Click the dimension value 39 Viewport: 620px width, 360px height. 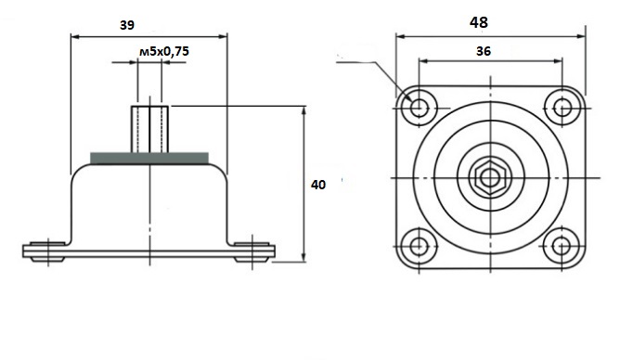coord(127,25)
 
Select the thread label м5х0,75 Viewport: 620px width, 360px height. coord(164,51)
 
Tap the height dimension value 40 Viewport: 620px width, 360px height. coord(318,185)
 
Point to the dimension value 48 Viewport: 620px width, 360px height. coord(479,22)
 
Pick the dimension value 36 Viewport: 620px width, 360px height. coord(484,51)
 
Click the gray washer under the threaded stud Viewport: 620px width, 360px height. coord(149,158)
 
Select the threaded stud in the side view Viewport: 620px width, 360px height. coord(149,129)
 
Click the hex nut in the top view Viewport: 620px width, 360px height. coord(490,178)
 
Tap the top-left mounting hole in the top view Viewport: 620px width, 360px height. coord(419,107)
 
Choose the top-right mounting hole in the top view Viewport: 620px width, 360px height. coord(562,107)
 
